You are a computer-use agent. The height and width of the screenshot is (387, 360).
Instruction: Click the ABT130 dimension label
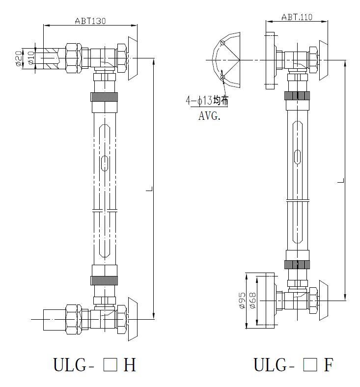tap(90, 21)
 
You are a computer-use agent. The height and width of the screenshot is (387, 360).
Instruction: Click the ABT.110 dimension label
tap(297, 17)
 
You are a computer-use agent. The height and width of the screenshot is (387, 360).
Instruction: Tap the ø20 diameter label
tap(18, 58)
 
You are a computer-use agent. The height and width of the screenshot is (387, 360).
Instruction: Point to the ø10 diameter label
tap(30, 58)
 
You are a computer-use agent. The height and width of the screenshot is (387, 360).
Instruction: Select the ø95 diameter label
tap(242, 301)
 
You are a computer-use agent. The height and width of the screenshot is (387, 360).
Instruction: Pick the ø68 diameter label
tap(252, 301)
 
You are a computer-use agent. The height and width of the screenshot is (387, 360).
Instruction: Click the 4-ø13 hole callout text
tap(206, 101)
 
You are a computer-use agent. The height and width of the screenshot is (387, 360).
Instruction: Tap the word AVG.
tap(210, 116)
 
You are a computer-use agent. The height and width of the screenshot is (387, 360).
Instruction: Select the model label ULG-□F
tap(294, 365)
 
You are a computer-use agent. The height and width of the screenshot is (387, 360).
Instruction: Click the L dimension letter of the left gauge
tap(151, 189)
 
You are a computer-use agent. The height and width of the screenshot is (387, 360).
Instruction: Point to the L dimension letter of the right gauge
tap(340, 181)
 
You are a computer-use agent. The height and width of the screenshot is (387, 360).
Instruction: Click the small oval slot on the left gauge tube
tap(104, 164)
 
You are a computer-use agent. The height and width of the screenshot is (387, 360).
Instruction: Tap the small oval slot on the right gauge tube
tap(298, 156)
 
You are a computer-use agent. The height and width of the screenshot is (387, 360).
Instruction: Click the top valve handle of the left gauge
tap(133, 58)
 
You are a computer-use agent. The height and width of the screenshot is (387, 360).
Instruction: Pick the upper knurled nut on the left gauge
tap(104, 96)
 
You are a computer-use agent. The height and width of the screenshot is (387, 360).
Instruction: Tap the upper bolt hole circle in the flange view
tap(222, 43)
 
